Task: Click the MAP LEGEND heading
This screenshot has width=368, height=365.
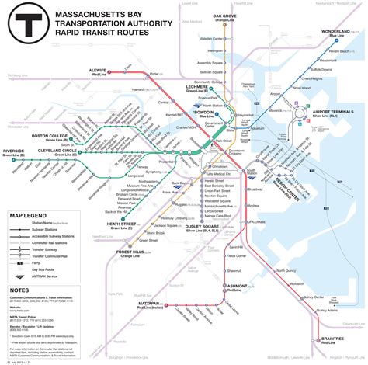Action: pyautogui.click(x=27, y=215)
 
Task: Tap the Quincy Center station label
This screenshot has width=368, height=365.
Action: pyautogui.click(x=314, y=296)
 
